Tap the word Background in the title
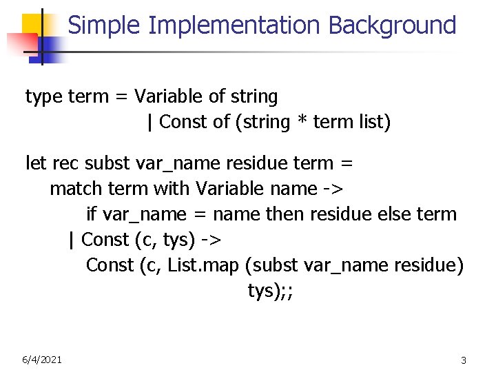392,25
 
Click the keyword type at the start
44,97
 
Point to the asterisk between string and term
302,123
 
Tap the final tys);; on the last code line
271,290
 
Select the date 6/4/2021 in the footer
42,359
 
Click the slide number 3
464,360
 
